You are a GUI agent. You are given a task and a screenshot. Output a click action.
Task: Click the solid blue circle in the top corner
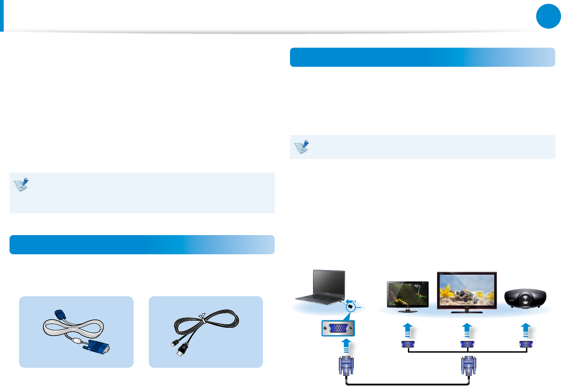tap(548, 16)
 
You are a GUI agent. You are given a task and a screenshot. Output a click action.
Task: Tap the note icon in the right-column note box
tap(302, 147)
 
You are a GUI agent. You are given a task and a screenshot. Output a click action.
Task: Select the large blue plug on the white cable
tap(98, 347)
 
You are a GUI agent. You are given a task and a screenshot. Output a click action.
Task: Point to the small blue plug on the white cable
tap(60, 315)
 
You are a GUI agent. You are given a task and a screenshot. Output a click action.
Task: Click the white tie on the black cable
tap(203, 318)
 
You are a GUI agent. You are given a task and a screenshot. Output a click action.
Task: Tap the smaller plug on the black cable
tap(174, 343)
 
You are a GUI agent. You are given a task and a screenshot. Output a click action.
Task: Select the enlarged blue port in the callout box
tap(338, 328)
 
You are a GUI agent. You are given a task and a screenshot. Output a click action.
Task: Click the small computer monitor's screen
tap(408, 294)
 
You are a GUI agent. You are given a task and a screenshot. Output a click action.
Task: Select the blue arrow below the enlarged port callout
tap(346, 346)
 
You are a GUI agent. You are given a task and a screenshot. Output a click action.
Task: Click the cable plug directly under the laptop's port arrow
tap(346, 366)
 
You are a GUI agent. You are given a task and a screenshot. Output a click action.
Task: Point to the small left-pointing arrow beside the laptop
tap(351, 301)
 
